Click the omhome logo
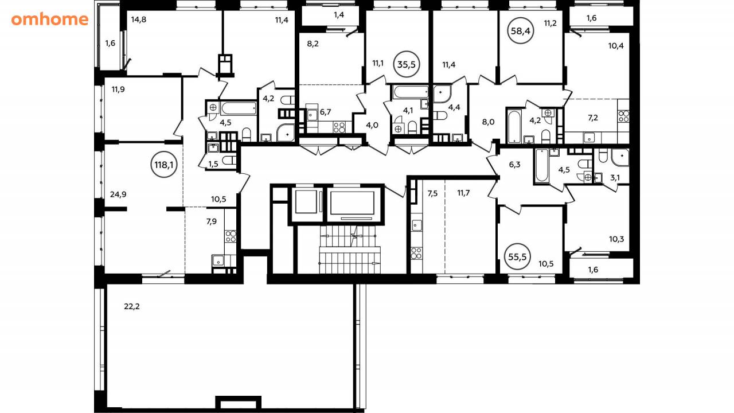50,20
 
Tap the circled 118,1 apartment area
164,165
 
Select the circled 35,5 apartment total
407,64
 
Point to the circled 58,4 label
521,31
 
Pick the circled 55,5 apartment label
517,256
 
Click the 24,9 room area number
118,194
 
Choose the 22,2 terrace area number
132,307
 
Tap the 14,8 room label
139,20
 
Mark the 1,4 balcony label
339,14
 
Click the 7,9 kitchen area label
212,221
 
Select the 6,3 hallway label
515,165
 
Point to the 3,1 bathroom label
615,178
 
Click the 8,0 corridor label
488,122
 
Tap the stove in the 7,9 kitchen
231,236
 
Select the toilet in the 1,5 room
229,160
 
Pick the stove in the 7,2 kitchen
623,116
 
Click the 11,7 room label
463,193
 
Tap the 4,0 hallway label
372,125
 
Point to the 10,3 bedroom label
616,239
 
